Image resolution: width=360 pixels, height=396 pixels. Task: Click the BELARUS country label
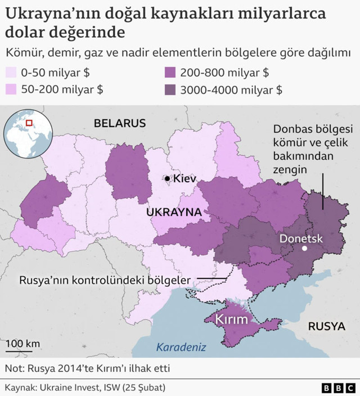120,123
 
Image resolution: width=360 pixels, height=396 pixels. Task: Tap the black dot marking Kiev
168,179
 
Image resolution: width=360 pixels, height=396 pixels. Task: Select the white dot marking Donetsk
304,249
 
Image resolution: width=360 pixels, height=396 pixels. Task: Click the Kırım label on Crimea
231,319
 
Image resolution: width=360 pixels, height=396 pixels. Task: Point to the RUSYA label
326,326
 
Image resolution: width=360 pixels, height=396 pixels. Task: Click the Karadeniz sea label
181,346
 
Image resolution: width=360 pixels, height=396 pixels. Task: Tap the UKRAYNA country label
174,212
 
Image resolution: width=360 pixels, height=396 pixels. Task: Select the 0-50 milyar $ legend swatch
11,73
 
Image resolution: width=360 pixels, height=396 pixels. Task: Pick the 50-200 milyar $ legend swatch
11,89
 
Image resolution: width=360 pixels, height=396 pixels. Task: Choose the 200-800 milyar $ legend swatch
170,73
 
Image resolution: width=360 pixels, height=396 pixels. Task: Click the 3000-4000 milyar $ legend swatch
170,89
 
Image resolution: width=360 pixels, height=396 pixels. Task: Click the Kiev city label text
185,179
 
